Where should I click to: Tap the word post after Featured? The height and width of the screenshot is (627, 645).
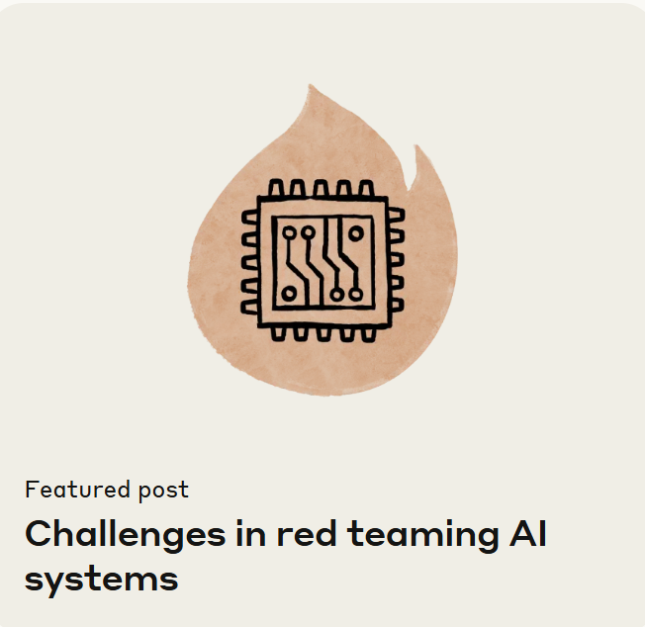162,490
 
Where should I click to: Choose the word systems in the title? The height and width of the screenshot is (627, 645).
101,578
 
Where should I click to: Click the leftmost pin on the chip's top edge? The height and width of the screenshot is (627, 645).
274,188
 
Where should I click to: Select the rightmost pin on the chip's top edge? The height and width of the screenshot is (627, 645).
366,188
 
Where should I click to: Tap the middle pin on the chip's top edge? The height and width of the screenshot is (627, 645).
321,188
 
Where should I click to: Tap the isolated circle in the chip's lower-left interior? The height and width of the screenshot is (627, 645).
288,294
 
